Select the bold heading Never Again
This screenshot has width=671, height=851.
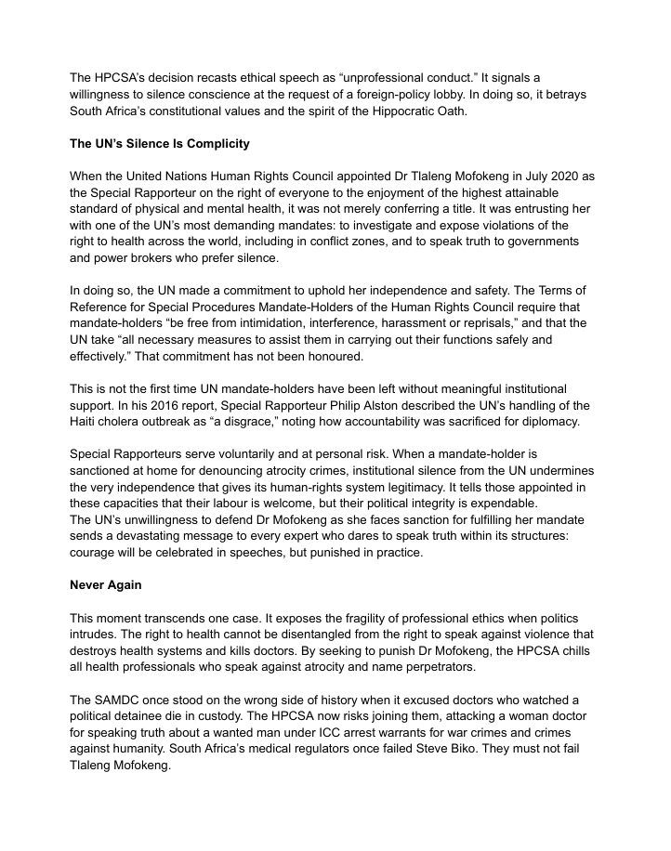104,585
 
